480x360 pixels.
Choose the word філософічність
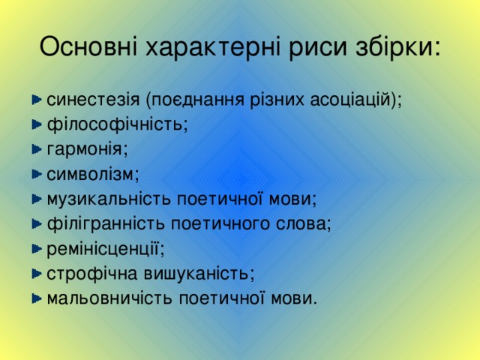coord(116,124)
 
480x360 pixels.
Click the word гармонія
coord(87,149)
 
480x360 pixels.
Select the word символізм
coord(93,174)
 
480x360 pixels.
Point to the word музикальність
coord(109,199)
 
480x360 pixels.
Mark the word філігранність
coord(106,223)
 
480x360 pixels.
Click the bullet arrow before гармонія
coord(37,149)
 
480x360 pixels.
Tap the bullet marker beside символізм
coord(37,174)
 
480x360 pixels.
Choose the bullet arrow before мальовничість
coord(37,298)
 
